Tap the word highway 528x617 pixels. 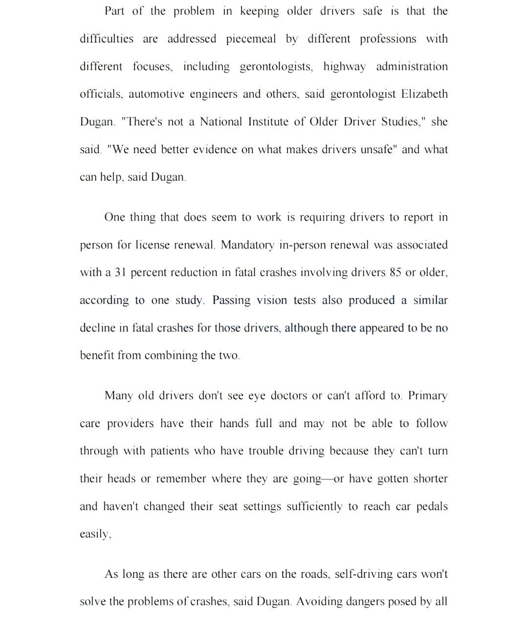(x=344, y=67)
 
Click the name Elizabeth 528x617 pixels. (x=424, y=94)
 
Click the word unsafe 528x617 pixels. (x=375, y=149)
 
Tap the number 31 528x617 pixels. (x=121, y=273)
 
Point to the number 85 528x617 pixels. (x=396, y=273)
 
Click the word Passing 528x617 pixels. (x=230, y=300)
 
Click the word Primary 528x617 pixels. (x=428, y=395)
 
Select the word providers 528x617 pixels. (x=131, y=424)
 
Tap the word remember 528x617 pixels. (x=181, y=479)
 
